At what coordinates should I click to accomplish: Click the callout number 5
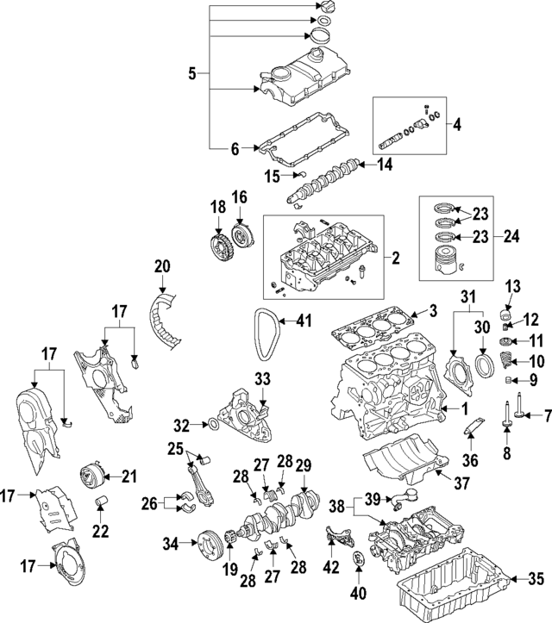(193, 75)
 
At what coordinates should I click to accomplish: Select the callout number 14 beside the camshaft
(385, 163)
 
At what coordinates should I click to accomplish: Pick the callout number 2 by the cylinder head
(396, 257)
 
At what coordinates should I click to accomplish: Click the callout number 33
(261, 377)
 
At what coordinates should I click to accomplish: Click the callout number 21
(129, 475)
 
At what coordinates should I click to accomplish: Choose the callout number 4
(457, 123)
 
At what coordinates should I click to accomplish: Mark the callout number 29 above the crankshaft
(303, 466)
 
